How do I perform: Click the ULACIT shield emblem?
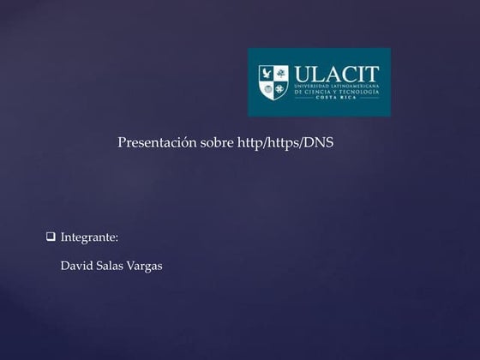point(273,82)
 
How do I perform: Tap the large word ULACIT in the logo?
point(336,75)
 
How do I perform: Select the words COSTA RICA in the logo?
point(337,99)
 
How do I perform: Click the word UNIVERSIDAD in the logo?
point(312,87)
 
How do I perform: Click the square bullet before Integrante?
point(51,236)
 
